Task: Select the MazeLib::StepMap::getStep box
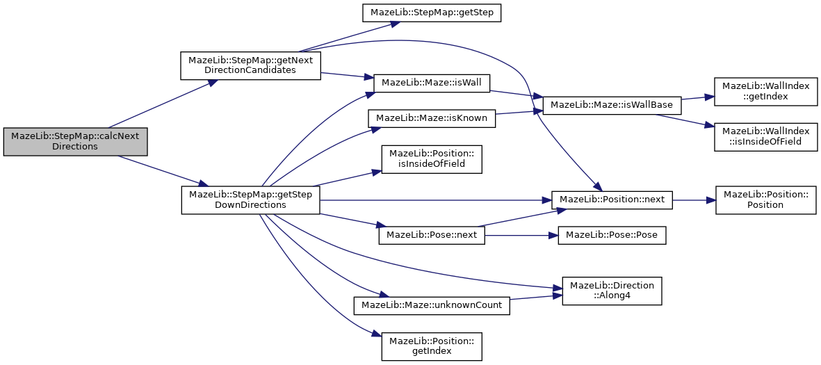tap(432, 13)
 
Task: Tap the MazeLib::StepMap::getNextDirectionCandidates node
tap(250, 65)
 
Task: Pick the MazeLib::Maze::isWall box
tap(431, 82)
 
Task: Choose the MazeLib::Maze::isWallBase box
tap(612, 106)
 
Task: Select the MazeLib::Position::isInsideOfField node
tap(432, 165)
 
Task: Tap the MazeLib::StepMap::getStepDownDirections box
tap(250, 200)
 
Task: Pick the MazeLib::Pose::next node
tap(432, 235)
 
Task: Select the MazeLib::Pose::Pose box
tap(612, 235)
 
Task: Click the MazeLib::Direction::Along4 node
tap(612, 291)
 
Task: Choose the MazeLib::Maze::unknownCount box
tap(432, 305)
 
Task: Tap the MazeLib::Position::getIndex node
tap(432, 346)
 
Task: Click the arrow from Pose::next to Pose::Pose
tap(521, 235)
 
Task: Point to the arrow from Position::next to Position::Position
tap(694, 200)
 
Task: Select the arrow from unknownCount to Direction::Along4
tap(536, 298)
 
